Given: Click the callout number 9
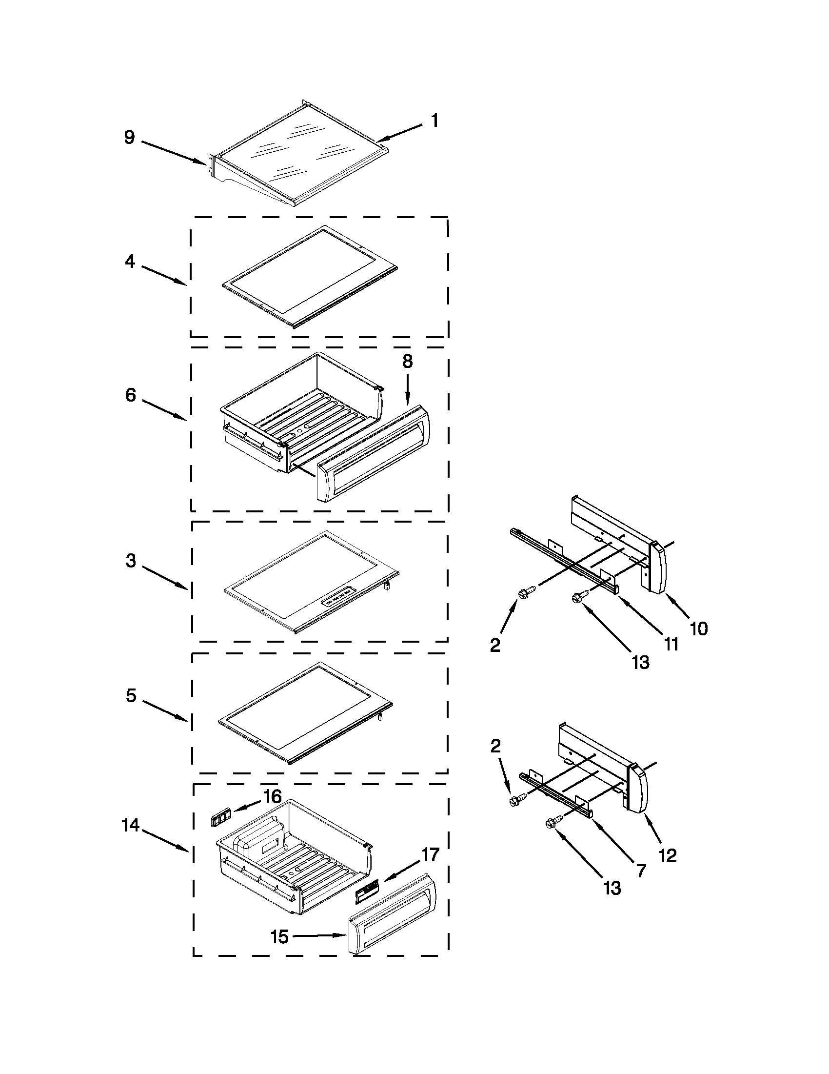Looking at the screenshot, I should click(x=129, y=137).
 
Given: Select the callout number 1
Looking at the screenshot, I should click(x=434, y=121).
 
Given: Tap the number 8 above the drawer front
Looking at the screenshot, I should click(x=407, y=362).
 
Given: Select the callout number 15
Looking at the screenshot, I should click(x=279, y=937).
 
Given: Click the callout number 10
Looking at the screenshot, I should click(x=698, y=628).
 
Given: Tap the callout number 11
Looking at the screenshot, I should click(x=671, y=644).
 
